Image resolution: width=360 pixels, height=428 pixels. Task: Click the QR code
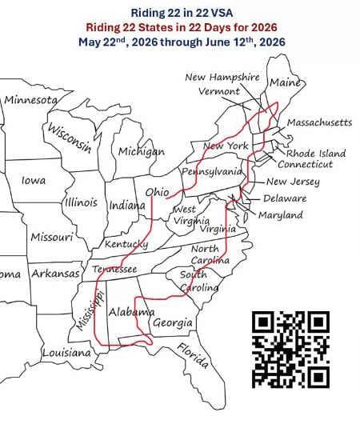pos(291,348)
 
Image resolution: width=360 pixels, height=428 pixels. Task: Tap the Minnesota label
pos(31,100)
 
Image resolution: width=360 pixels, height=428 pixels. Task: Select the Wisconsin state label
pos(69,137)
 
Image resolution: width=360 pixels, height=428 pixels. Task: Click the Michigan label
pos(141,151)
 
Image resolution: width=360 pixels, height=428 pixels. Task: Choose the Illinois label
pos(80,202)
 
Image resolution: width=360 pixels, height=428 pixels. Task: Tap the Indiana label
pos(126,206)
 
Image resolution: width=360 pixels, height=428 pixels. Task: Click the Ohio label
pos(157,192)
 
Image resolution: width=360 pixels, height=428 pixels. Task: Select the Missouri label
pos(52,237)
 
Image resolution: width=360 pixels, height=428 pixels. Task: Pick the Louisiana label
pos(66,352)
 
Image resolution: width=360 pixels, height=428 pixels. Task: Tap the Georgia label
pos(172,323)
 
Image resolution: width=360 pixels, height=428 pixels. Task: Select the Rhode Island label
pos(318,153)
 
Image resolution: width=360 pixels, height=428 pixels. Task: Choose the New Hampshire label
pos(222,78)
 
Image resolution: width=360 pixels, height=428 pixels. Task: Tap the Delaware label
pos(285,198)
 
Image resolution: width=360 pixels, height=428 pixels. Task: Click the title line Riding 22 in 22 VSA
pos(180,12)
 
